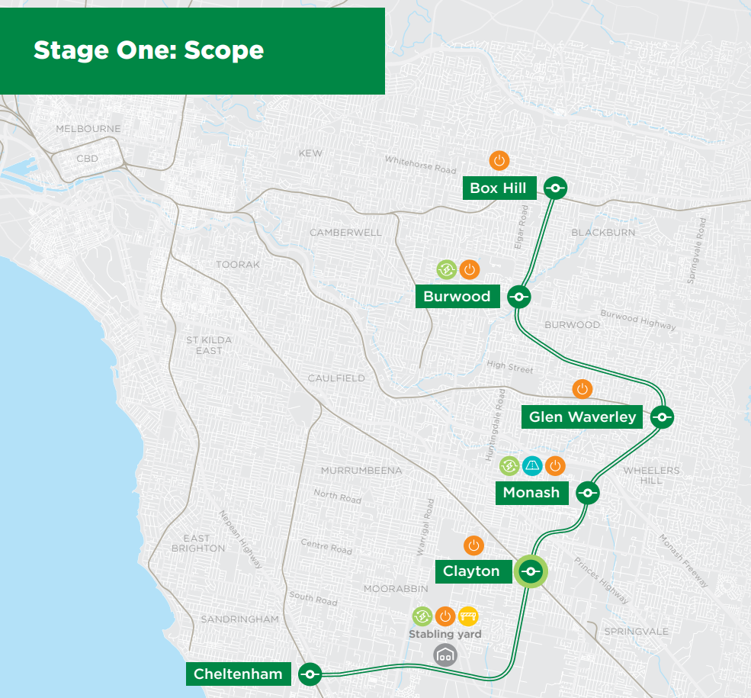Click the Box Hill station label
[498, 188]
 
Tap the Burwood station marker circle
[518, 297]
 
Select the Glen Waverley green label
[582, 417]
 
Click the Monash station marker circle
[587, 493]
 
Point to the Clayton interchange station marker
[531, 571]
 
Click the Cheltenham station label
[238, 674]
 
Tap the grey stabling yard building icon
[445, 655]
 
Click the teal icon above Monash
[532, 465]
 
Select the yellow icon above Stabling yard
[468, 616]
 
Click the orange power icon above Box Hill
[499, 161]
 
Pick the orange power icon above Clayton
[473, 545]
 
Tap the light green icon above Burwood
[446, 269]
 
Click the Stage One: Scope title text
[149, 50]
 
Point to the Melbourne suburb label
[88, 129]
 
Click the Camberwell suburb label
[345, 233]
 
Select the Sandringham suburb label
[239, 619]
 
